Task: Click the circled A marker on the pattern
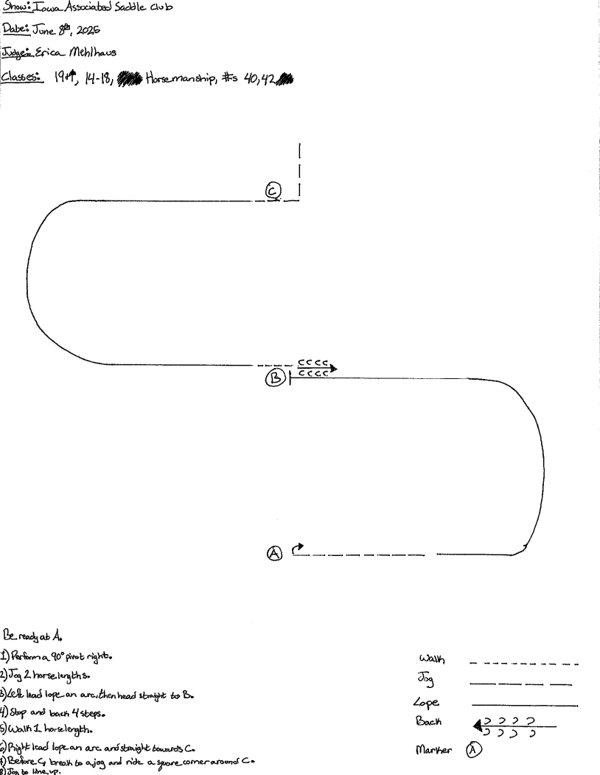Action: pyautogui.click(x=273, y=553)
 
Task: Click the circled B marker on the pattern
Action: pyautogui.click(x=275, y=379)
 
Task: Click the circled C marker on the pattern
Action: pyautogui.click(x=273, y=192)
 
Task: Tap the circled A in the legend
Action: pyautogui.click(x=475, y=750)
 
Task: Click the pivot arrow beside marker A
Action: pyautogui.click(x=298, y=548)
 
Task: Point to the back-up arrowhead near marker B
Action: pyautogui.click(x=334, y=366)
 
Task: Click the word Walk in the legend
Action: pyautogui.click(x=431, y=658)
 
